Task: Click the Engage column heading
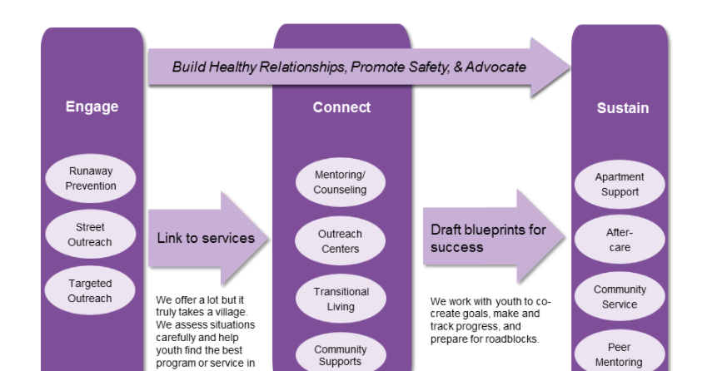click(92, 106)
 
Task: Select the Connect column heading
click(341, 107)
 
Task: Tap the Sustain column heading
click(622, 108)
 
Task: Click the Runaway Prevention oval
click(91, 179)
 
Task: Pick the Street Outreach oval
click(91, 235)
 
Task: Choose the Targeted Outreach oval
click(90, 291)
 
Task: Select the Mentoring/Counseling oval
click(340, 182)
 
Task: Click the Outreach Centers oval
click(340, 241)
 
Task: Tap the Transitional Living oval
click(340, 299)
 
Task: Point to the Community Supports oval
click(340, 355)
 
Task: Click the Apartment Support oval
click(620, 185)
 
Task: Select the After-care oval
click(620, 240)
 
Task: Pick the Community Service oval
click(620, 297)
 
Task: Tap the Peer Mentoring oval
click(620, 354)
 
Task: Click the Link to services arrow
click(208, 239)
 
